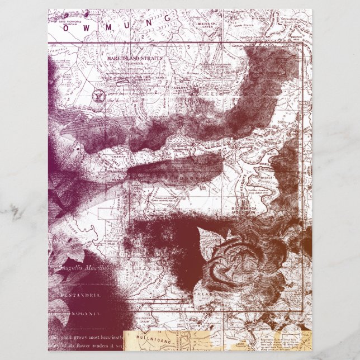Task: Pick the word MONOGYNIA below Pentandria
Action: pyautogui.click(x=76, y=316)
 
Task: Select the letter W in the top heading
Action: pyautogui.click(x=88, y=29)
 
